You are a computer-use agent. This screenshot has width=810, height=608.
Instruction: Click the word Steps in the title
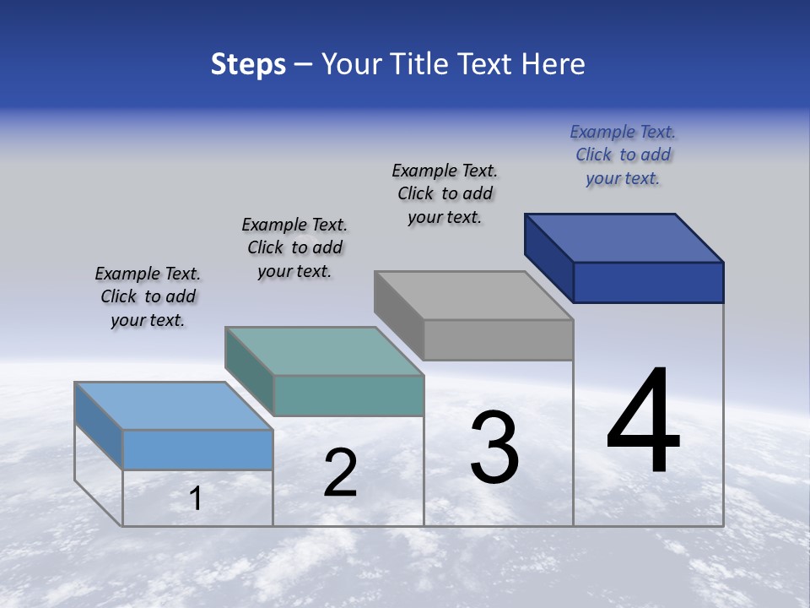(248, 64)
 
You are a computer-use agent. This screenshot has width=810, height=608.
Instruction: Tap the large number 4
(643, 421)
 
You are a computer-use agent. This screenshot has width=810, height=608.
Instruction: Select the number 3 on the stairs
(494, 447)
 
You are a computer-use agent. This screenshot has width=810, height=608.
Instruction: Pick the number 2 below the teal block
(340, 473)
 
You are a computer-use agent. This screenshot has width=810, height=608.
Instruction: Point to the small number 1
(196, 499)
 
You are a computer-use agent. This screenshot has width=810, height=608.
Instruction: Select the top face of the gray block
(474, 296)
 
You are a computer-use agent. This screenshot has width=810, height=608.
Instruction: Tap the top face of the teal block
(324, 351)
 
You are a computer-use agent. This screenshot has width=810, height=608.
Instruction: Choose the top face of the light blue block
(174, 406)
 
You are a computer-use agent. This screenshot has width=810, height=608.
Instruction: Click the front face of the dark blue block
(648, 282)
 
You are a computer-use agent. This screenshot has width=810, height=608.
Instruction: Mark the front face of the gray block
(498, 339)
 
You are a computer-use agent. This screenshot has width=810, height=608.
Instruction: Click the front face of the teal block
(348, 395)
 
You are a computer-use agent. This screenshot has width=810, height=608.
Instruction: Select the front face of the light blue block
(197, 449)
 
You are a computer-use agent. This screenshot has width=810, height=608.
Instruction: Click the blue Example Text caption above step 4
(623, 155)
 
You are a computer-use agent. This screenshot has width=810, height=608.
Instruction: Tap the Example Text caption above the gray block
(445, 193)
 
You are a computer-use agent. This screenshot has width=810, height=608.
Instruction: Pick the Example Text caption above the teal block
(294, 247)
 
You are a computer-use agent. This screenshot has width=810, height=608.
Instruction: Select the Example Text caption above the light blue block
(148, 296)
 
